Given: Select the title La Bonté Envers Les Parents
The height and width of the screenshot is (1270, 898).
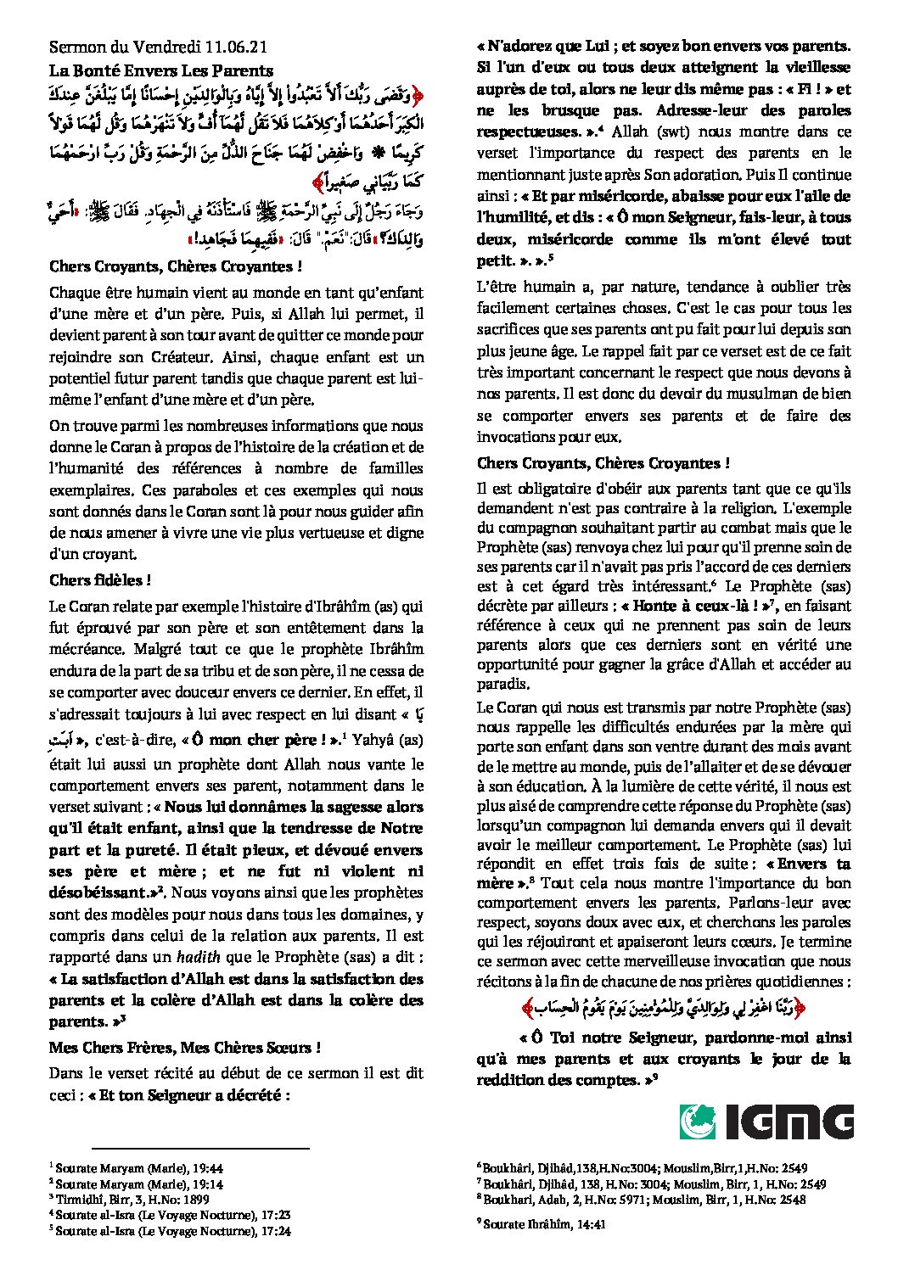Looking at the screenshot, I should coord(160,71).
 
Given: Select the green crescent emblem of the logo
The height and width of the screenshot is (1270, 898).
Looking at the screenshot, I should coord(697,1122).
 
